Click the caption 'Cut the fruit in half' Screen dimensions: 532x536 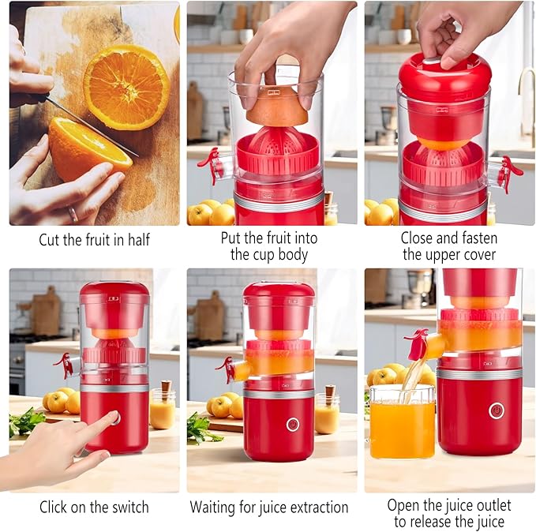(x=94, y=239)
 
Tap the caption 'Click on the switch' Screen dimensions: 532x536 (x=94, y=507)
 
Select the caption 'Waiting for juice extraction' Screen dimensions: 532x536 (x=269, y=507)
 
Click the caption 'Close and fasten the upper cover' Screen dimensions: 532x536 (x=448, y=245)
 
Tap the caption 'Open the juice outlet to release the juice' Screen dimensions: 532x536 (x=448, y=513)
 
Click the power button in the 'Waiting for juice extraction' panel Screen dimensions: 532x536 (x=292, y=424)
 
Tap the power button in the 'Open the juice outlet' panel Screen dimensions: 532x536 (x=496, y=410)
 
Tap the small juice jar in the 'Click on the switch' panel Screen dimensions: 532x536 (x=163, y=411)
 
